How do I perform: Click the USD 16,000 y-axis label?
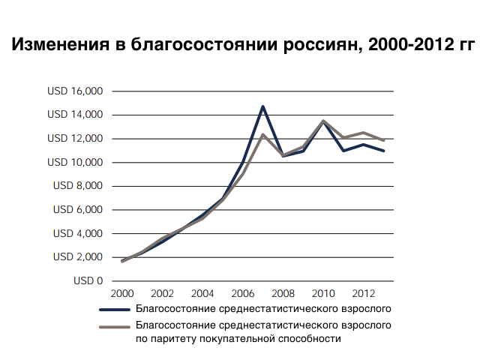[x=75, y=91]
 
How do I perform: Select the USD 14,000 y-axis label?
[x=75, y=115]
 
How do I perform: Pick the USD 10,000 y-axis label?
[x=75, y=162]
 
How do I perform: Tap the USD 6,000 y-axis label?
[x=78, y=210]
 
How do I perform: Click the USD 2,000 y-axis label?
[x=78, y=257]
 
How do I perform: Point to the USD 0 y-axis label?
[x=88, y=281]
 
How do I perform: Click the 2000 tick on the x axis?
[x=122, y=293]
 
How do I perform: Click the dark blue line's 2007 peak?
[x=262, y=106]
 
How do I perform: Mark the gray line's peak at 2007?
[x=262, y=134]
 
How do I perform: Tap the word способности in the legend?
[x=311, y=339]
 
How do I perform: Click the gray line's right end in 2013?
[x=384, y=140]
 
